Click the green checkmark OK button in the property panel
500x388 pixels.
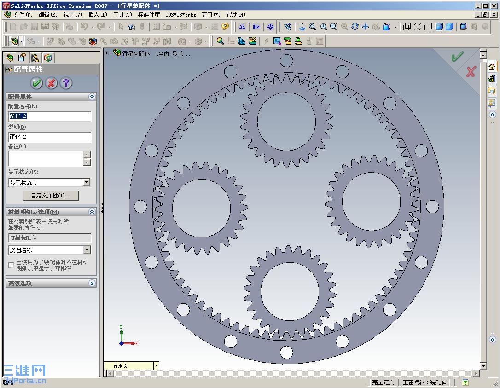36,83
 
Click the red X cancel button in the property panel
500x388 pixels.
52,83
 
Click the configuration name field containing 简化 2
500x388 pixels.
50,116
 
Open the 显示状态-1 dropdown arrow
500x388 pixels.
87,182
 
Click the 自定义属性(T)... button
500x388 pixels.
50,196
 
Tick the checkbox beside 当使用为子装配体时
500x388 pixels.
11,265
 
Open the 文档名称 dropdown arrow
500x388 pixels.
87,250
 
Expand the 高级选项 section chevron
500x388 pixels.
92,283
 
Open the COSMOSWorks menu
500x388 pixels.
180,15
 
